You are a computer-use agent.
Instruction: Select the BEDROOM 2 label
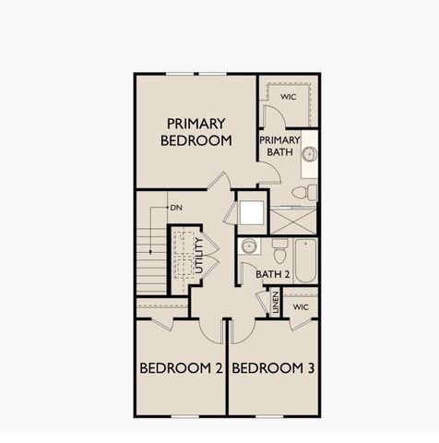[x=181, y=368]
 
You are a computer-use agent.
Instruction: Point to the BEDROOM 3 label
[x=273, y=368]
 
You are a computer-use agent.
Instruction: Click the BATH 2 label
[x=273, y=274]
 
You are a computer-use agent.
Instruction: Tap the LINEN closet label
[x=274, y=304]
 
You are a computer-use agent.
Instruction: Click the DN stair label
[x=175, y=209]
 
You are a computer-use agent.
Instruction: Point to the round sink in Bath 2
[x=247, y=247]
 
